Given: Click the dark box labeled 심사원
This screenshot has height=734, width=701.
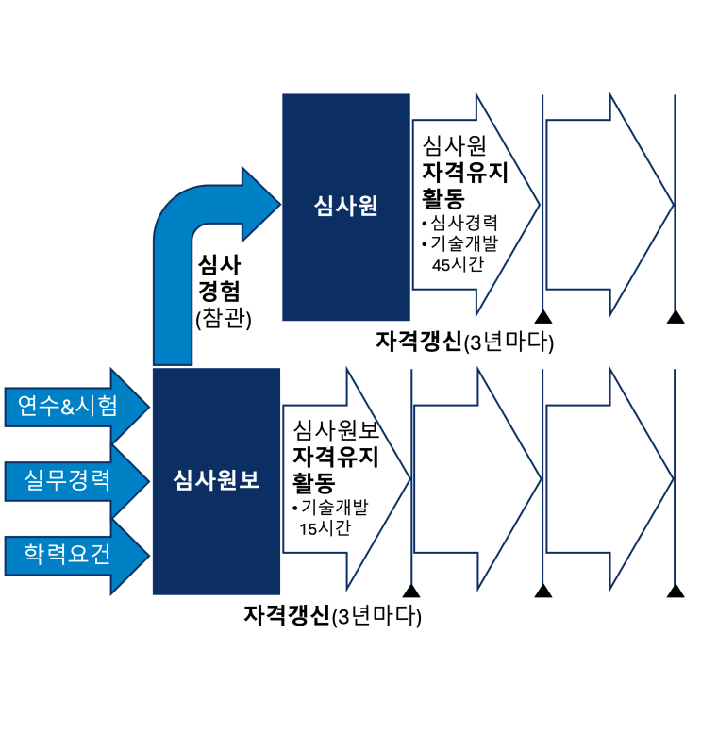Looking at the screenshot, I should [346, 207].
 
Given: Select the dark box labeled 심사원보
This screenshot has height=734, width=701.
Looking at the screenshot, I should [216, 480].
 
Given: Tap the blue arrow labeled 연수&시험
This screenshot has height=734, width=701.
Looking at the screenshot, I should [75, 407].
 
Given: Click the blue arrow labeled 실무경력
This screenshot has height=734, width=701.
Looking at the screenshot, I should [75, 480].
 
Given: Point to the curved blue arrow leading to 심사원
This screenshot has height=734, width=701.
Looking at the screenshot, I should [189, 245].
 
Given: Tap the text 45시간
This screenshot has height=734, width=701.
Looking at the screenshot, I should [458, 265].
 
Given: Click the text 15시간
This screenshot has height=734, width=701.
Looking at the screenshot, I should [325, 528].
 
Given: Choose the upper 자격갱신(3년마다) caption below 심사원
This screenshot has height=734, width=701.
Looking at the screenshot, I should [463, 342].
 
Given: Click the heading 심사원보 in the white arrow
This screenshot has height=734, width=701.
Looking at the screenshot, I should [336, 431].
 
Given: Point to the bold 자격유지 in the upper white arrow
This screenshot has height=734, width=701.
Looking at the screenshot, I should [465, 173].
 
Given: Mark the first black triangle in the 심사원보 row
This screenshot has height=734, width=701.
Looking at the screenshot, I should [411, 591].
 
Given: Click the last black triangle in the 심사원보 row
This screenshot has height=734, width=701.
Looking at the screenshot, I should [675, 591].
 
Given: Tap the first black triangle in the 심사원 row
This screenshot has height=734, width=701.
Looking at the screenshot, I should [542, 316].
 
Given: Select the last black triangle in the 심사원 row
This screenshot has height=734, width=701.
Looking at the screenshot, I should [675, 316].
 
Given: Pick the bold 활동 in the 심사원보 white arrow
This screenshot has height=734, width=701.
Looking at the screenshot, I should [313, 483].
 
